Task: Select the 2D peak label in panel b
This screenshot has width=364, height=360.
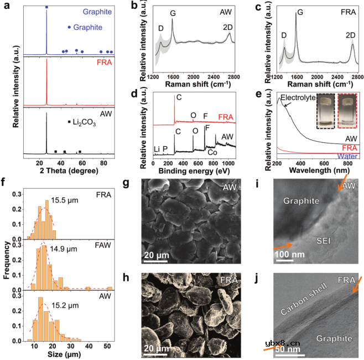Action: (x=226, y=26)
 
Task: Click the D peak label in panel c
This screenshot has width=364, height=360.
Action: (x=284, y=35)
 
